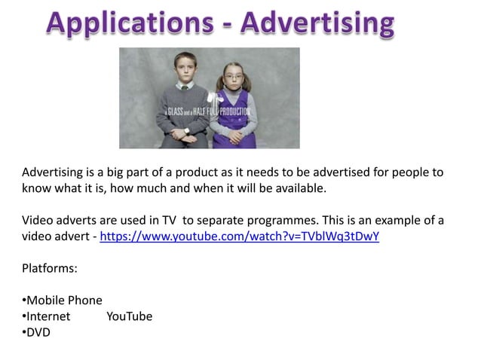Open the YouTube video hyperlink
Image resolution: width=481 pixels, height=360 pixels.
tap(239, 236)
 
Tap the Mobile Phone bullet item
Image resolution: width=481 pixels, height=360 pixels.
tap(64, 300)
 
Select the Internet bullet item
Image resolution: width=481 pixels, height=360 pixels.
tap(48, 316)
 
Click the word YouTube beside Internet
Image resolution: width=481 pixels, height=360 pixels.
tap(129, 316)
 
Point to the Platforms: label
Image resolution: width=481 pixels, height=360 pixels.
tap(50, 267)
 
